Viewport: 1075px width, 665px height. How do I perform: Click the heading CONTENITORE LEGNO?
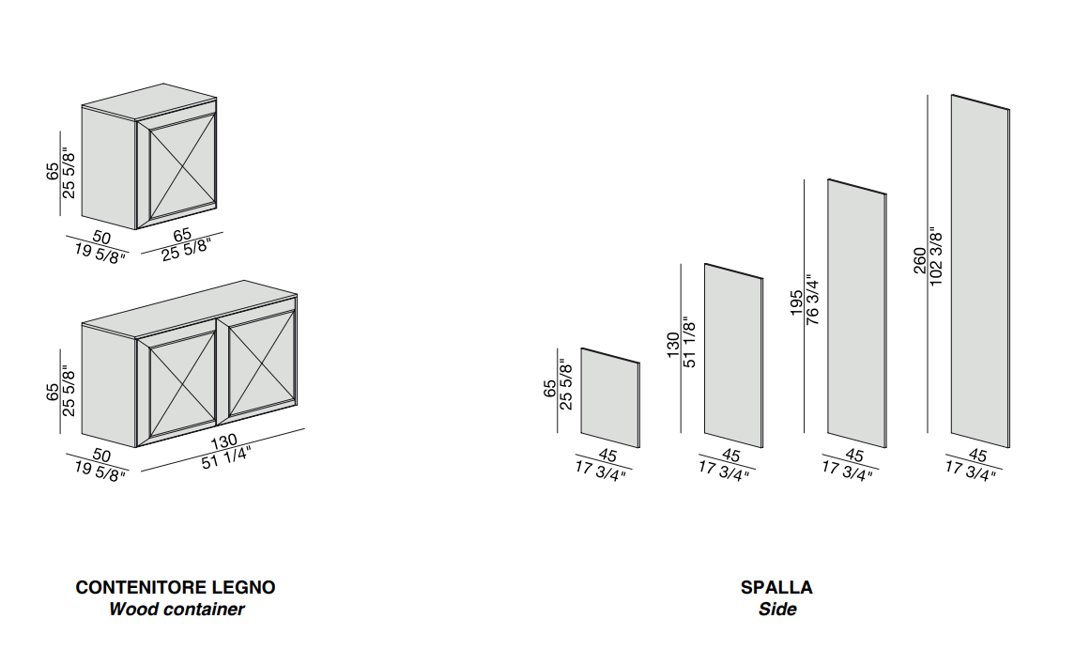[176, 588]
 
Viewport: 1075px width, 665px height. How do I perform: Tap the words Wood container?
[177, 610]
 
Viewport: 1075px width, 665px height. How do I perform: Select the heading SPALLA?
[776, 588]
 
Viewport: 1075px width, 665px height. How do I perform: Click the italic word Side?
[777, 610]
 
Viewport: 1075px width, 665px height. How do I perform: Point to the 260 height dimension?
[919, 260]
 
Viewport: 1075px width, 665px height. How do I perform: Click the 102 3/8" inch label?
[936, 260]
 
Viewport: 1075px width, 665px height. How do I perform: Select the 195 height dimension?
[796, 302]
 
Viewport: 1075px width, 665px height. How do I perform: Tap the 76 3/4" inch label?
[812, 301]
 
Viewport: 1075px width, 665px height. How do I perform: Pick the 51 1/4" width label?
[227, 458]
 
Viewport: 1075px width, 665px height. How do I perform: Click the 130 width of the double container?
[223, 441]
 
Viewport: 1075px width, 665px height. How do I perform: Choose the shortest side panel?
[610, 398]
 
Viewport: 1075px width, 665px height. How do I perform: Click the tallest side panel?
[980, 271]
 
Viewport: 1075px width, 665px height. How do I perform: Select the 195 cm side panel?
[857, 314]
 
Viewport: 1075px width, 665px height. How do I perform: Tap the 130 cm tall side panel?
[733, 356]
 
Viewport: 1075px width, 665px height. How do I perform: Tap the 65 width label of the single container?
[182, 235]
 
